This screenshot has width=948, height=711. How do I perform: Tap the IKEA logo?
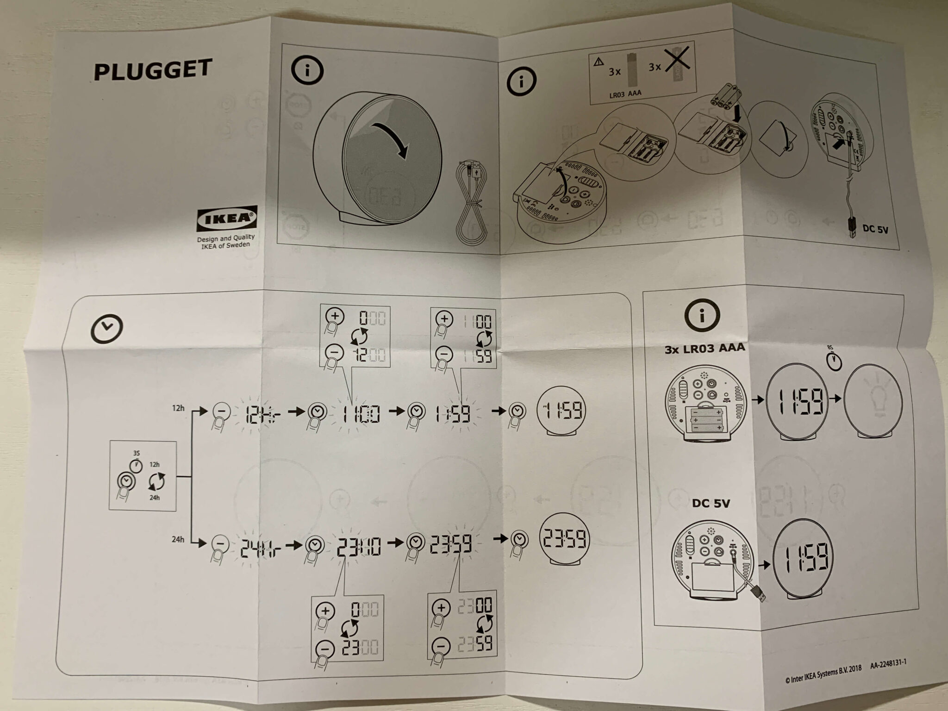[x=227, y=219]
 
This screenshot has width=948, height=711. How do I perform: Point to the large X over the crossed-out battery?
[x=678, y=60]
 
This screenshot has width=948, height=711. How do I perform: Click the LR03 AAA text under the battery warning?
[x=625, y=94]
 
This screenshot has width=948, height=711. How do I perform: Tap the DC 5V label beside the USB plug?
[x=875, y=229]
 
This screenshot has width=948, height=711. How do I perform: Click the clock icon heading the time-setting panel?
[x=106, y=328]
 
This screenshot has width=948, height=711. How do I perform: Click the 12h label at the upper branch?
[x=178, y=408]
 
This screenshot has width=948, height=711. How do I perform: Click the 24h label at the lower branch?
[x=178, y=539]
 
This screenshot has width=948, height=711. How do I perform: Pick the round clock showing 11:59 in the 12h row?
[x=561, y=411]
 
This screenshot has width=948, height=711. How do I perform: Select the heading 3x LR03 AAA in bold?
[x=705, y=348]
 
